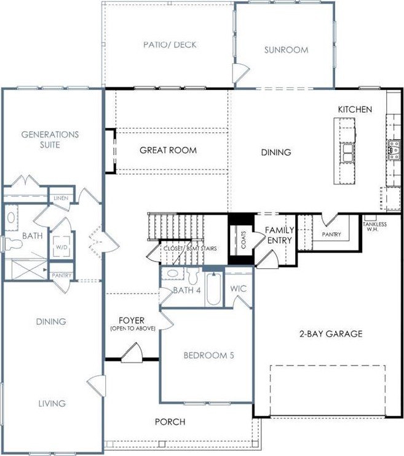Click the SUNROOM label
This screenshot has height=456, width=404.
(x=287, y=50)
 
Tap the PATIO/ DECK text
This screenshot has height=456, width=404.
(x=170, y=44)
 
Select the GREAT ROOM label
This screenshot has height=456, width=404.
(x=168, y=150)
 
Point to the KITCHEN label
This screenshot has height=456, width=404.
(x=355, y=110)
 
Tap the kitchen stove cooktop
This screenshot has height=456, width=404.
(x=394, y=150)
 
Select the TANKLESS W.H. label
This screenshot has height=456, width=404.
(x=374, y=226)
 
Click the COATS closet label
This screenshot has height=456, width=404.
(x=244, y=239)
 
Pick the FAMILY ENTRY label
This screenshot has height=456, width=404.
(x=280, y=235)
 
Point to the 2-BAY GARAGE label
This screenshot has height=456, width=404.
(x=331, y=334)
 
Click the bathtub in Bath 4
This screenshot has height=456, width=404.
(x=213, y=288)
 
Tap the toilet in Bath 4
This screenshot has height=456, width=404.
(x=192, y=276)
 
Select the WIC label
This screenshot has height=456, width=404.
(x=239, y=289)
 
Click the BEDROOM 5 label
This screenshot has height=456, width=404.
(x=208, y=355)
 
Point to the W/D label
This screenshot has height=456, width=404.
(x=61, y=247)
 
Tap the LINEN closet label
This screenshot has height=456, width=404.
(x=61, y=198)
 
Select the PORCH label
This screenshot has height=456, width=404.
(x=170, y=422)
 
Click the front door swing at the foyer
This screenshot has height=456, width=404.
(x=132, y=353)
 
